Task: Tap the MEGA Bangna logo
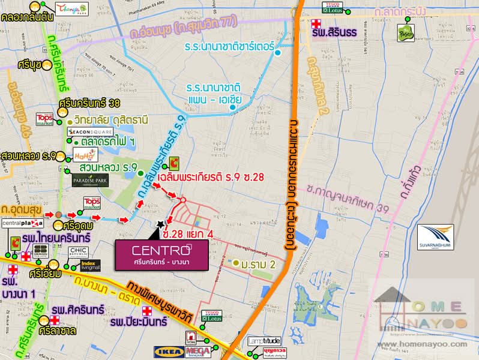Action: point(197,350)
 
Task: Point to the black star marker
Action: point(160,224)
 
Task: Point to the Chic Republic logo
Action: point(79,251)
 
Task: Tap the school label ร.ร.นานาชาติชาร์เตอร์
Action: point(230,46)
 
